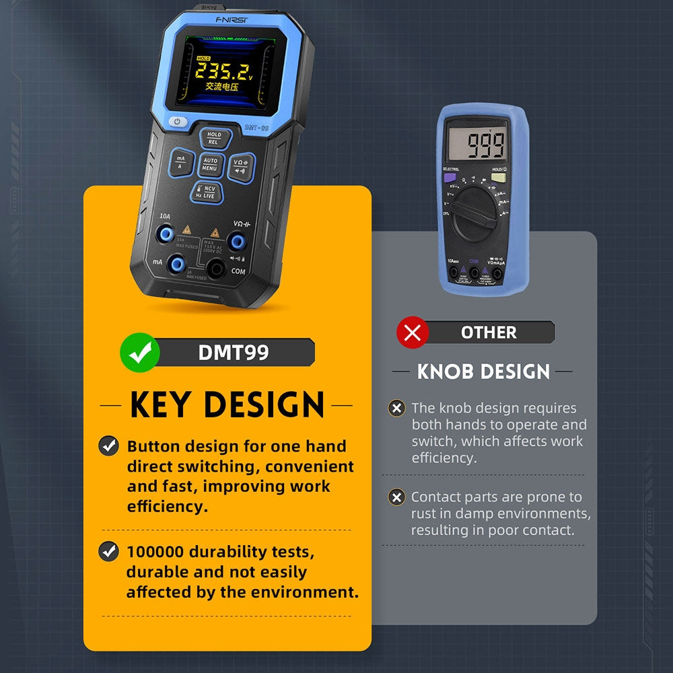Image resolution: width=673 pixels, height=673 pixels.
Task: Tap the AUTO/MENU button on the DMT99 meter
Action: coord(210,164)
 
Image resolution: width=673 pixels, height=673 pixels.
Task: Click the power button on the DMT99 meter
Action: coord(177,122)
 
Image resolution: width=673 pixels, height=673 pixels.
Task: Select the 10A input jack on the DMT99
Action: coord(165,235)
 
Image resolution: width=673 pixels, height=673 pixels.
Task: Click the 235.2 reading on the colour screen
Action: coord(219,71)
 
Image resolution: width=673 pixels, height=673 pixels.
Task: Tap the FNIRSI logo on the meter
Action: coord(232,20)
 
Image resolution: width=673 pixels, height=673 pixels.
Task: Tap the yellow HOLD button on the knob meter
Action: coord(498,178)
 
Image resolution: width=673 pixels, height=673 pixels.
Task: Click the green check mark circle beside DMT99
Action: coord(139,352)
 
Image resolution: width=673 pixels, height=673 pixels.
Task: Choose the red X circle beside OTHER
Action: coord(413,332)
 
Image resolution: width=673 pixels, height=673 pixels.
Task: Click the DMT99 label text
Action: coord(234,352)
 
